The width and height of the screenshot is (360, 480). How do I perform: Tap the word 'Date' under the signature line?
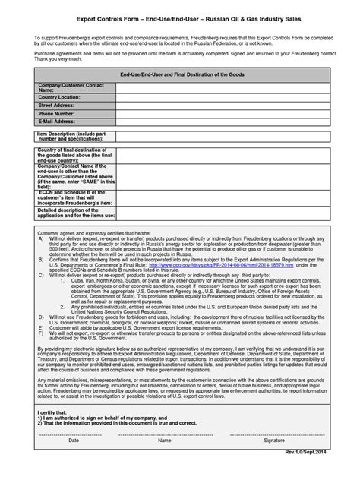(73, 459)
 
